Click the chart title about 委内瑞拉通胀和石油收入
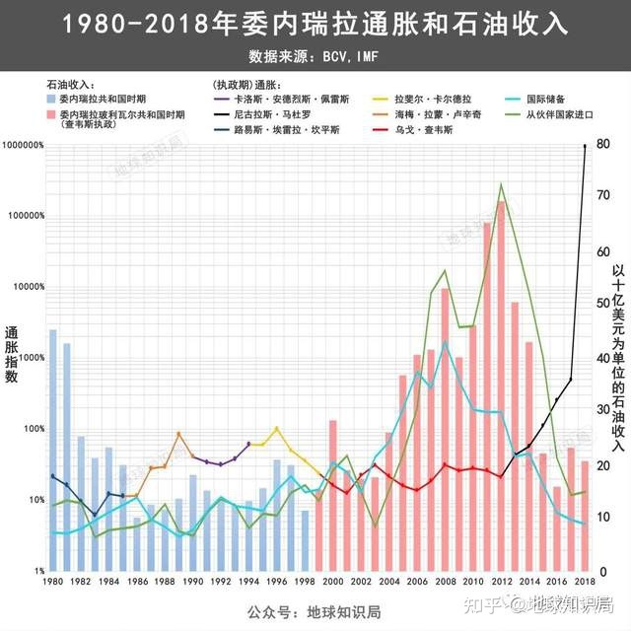[x=315, y=25]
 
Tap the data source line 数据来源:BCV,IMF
[x=315, y=56]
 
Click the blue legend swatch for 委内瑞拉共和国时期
[x=50, y=101]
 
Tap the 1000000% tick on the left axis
[x=24, y=145]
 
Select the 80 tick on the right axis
[x=603, y=145]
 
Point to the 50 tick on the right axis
[x=603, y=305]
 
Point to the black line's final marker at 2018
[x=586, y=146]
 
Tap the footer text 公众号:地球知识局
[x=315, y=612]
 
